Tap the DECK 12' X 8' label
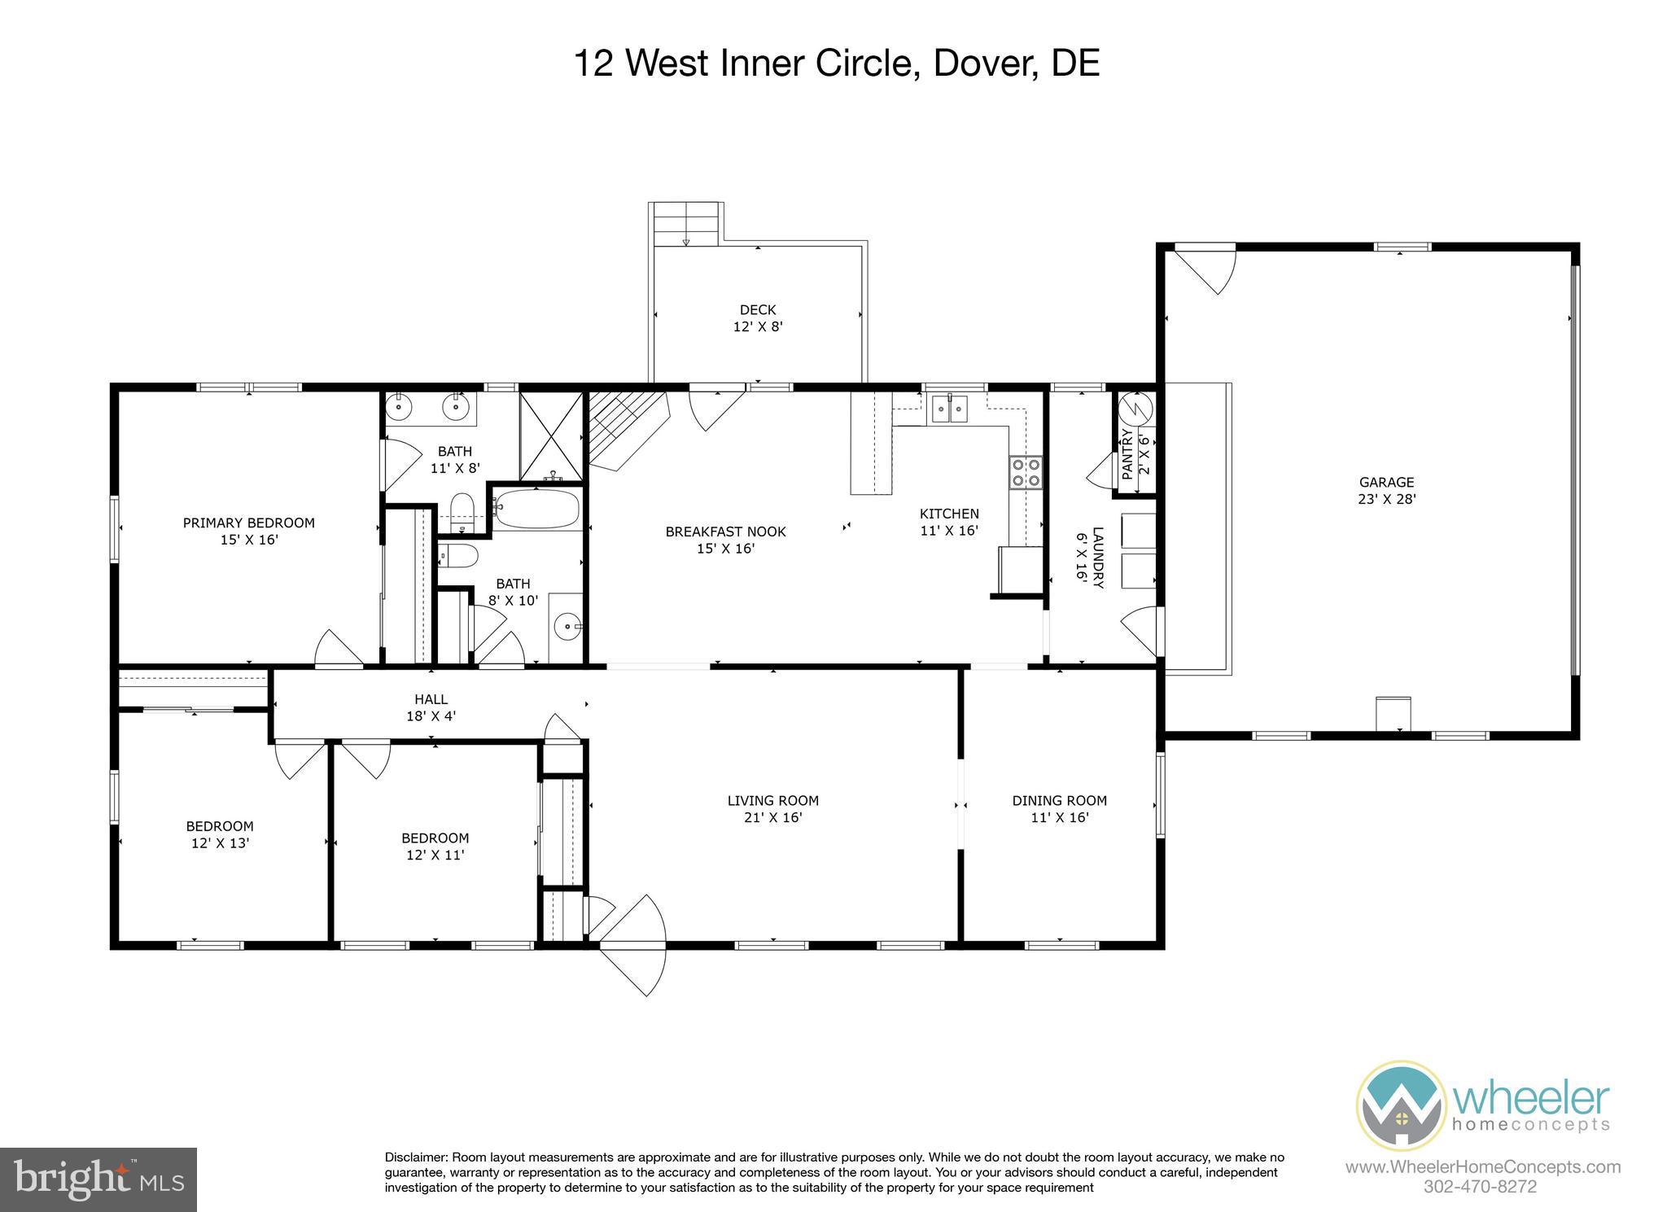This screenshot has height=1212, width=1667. click(758, 318)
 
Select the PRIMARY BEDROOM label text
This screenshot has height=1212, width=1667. click(248, 523)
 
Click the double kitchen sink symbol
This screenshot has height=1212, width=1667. click(950, 408)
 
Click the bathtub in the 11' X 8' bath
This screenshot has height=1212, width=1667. click(536, 510)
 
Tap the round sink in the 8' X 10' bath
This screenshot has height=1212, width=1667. click(567, 627)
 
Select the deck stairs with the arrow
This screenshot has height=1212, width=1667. click(686, 224)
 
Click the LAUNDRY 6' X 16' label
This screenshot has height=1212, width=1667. click(1090, 558)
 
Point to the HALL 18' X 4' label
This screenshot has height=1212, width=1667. click(431, 707)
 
